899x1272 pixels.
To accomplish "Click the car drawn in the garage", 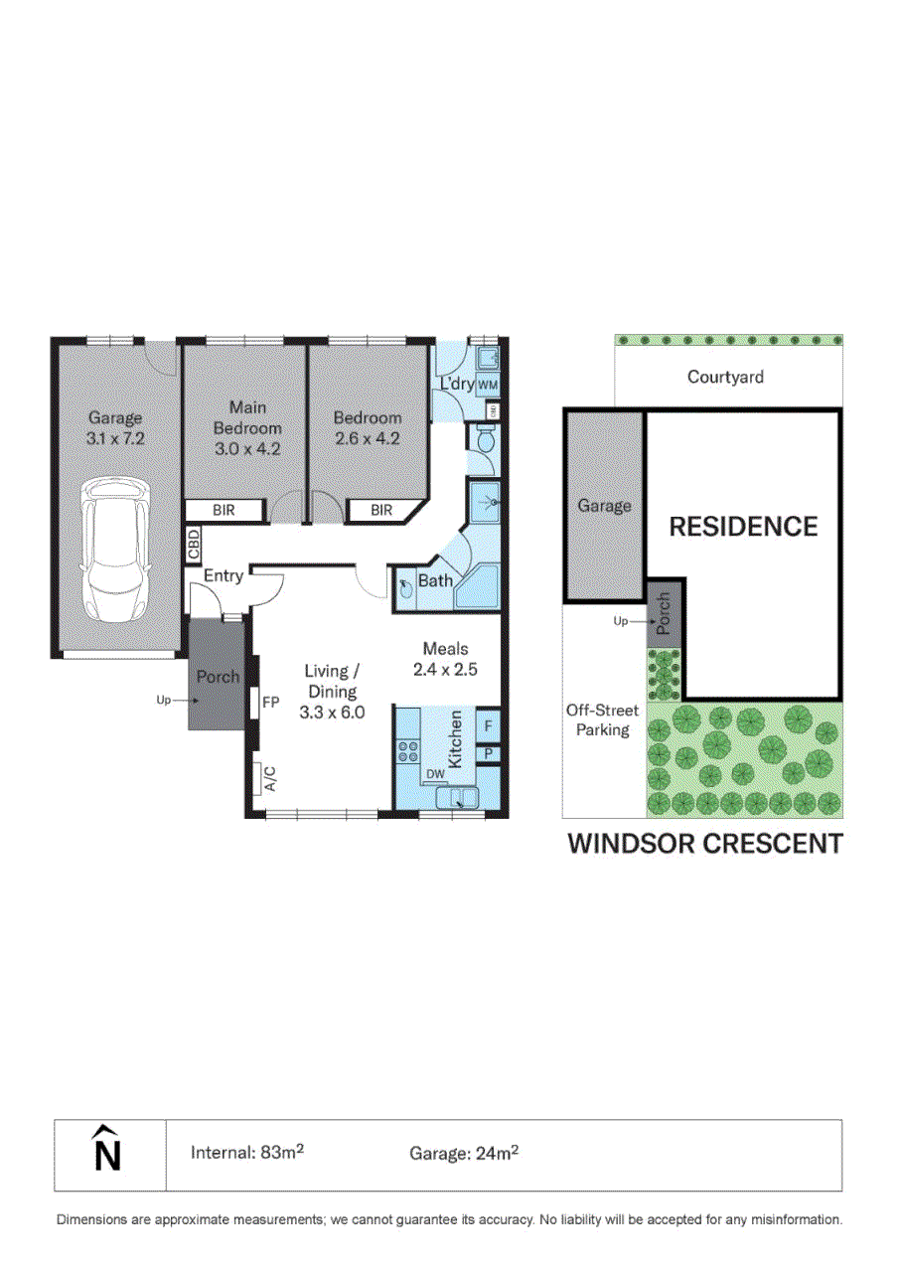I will coord(116,549).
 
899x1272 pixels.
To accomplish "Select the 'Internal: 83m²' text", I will coord(246,1153).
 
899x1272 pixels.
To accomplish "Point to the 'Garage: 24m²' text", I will coord(464,1153).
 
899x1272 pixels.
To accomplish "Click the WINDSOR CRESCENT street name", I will coord(704,844).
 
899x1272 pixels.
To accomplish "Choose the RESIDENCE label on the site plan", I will coord(743,527).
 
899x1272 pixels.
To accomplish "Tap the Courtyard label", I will coord(725,378).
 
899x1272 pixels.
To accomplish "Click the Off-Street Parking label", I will coord(602,720).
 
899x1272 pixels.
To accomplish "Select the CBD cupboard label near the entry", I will coord(194,544).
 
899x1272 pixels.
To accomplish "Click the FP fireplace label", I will coord(270,703).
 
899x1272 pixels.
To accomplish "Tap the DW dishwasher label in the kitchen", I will coord(434,774).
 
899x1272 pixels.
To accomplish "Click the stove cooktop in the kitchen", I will coord(408,750).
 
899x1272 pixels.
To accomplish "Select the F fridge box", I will coord(488,726).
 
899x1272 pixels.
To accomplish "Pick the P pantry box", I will coord(488,754).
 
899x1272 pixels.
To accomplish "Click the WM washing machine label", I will coord(488,385).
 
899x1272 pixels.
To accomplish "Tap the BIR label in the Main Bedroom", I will coord(225,511).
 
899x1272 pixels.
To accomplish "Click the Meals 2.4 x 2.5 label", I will coord(445,659).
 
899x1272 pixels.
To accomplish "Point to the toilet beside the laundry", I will coord(486,439).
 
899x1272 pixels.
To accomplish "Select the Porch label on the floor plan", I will coord(217,677).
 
